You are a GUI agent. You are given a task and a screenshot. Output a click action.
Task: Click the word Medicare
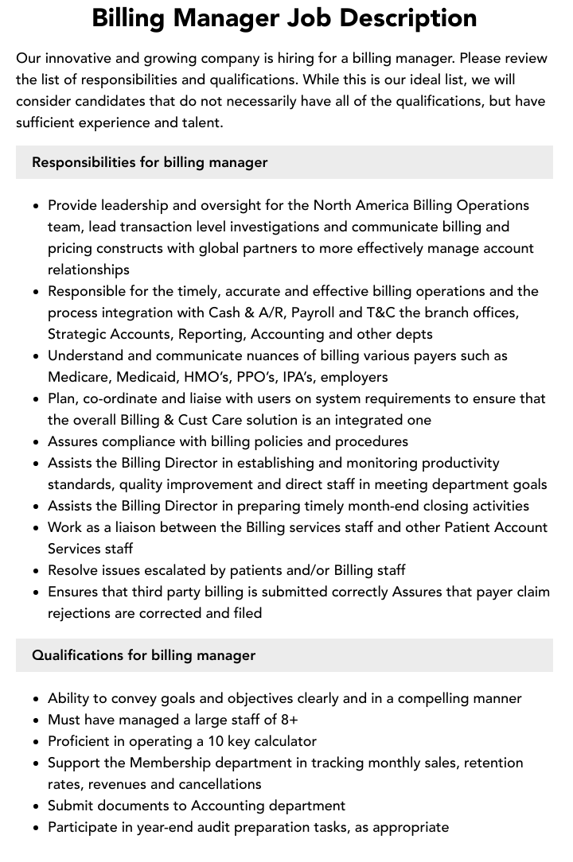click(x=79, y=377)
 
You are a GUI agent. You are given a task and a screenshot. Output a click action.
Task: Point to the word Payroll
click(x=317, y=313)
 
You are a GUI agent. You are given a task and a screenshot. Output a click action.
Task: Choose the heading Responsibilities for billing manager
click(x=150, y=162)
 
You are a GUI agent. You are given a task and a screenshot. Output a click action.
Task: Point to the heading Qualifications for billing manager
click(x=144, y=655)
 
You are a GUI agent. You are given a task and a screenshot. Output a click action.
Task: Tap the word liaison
click(x=132, y=527)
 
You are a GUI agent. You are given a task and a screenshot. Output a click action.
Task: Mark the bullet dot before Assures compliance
click(x=36, y=442)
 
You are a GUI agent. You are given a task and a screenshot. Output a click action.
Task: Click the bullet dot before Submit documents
click(x=36, y=806)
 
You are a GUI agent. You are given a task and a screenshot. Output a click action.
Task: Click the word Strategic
click(x=80, y=334)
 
